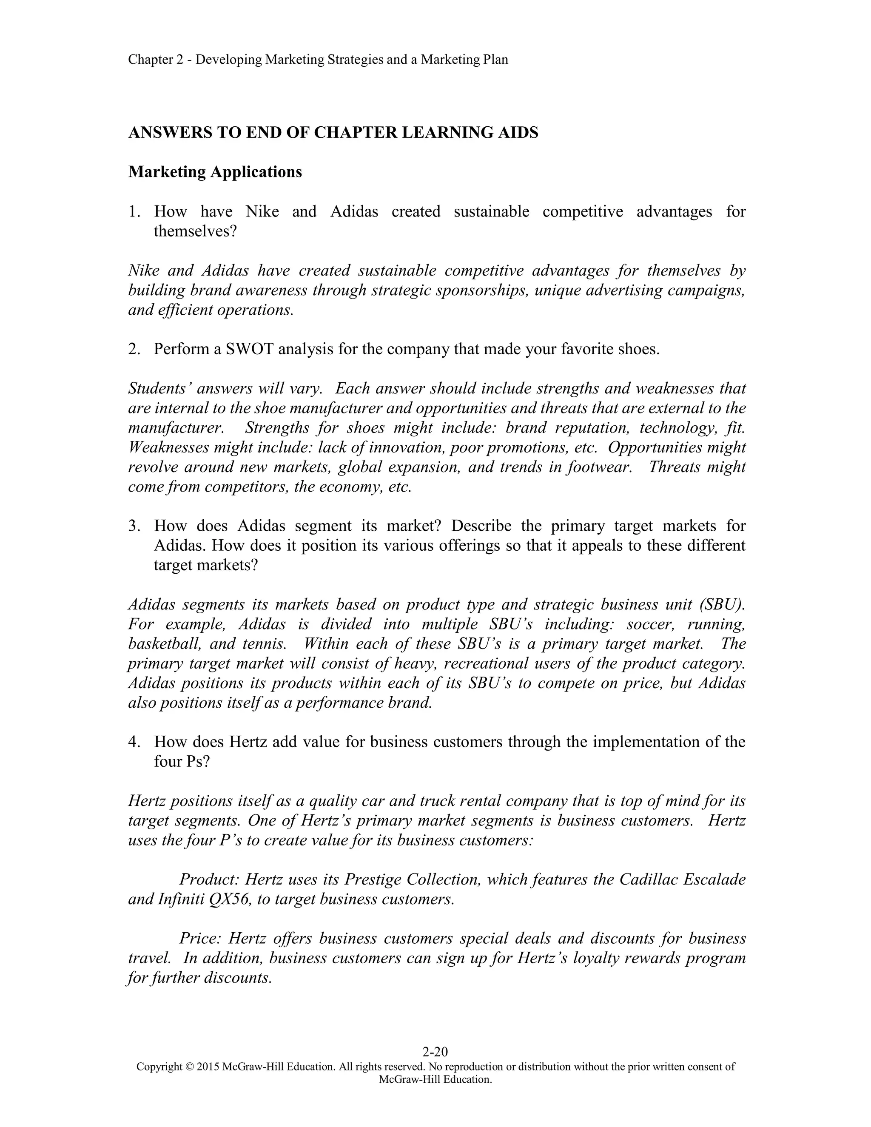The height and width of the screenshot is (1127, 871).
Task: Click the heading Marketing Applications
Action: tap(215, 172)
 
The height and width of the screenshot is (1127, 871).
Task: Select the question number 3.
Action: tap(134, 526)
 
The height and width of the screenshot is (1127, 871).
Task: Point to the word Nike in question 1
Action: tap(262, 211)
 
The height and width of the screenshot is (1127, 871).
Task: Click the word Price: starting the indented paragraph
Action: tap(201, 938)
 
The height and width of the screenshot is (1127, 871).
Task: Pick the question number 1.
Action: tap(134, 211)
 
